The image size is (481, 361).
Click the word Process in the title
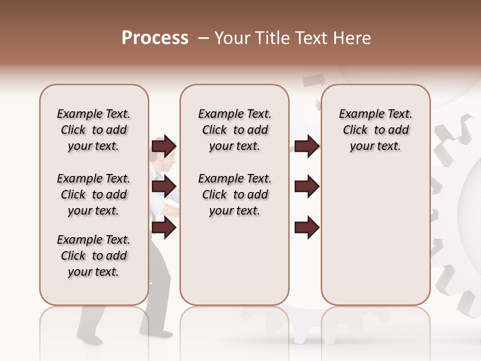click(x=155, y=38)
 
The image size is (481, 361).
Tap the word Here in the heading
click(x=353, y=38)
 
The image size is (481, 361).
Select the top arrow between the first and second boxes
click(x=164, y=146)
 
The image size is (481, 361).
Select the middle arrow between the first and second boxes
click(x=164, y=187)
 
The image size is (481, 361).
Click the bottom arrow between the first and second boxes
click(x=164, y=228)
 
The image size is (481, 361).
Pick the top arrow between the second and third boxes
click(x=307, y=146)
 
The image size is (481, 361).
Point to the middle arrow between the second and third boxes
click(x=307, y=187)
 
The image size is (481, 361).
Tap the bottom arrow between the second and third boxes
click(x=307, y=228)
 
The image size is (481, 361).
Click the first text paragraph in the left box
click(x=94, y=130)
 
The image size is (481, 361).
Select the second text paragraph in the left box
click(x=94, y=195)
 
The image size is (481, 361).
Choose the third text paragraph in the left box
click(x=94, y=256)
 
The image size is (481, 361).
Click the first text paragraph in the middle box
click(x=234, y=130)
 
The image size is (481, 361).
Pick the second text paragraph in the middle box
click(x=234, y=195)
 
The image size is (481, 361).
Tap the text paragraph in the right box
click(x=375, y=130)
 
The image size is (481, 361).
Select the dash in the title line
click(x=203, y=38)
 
